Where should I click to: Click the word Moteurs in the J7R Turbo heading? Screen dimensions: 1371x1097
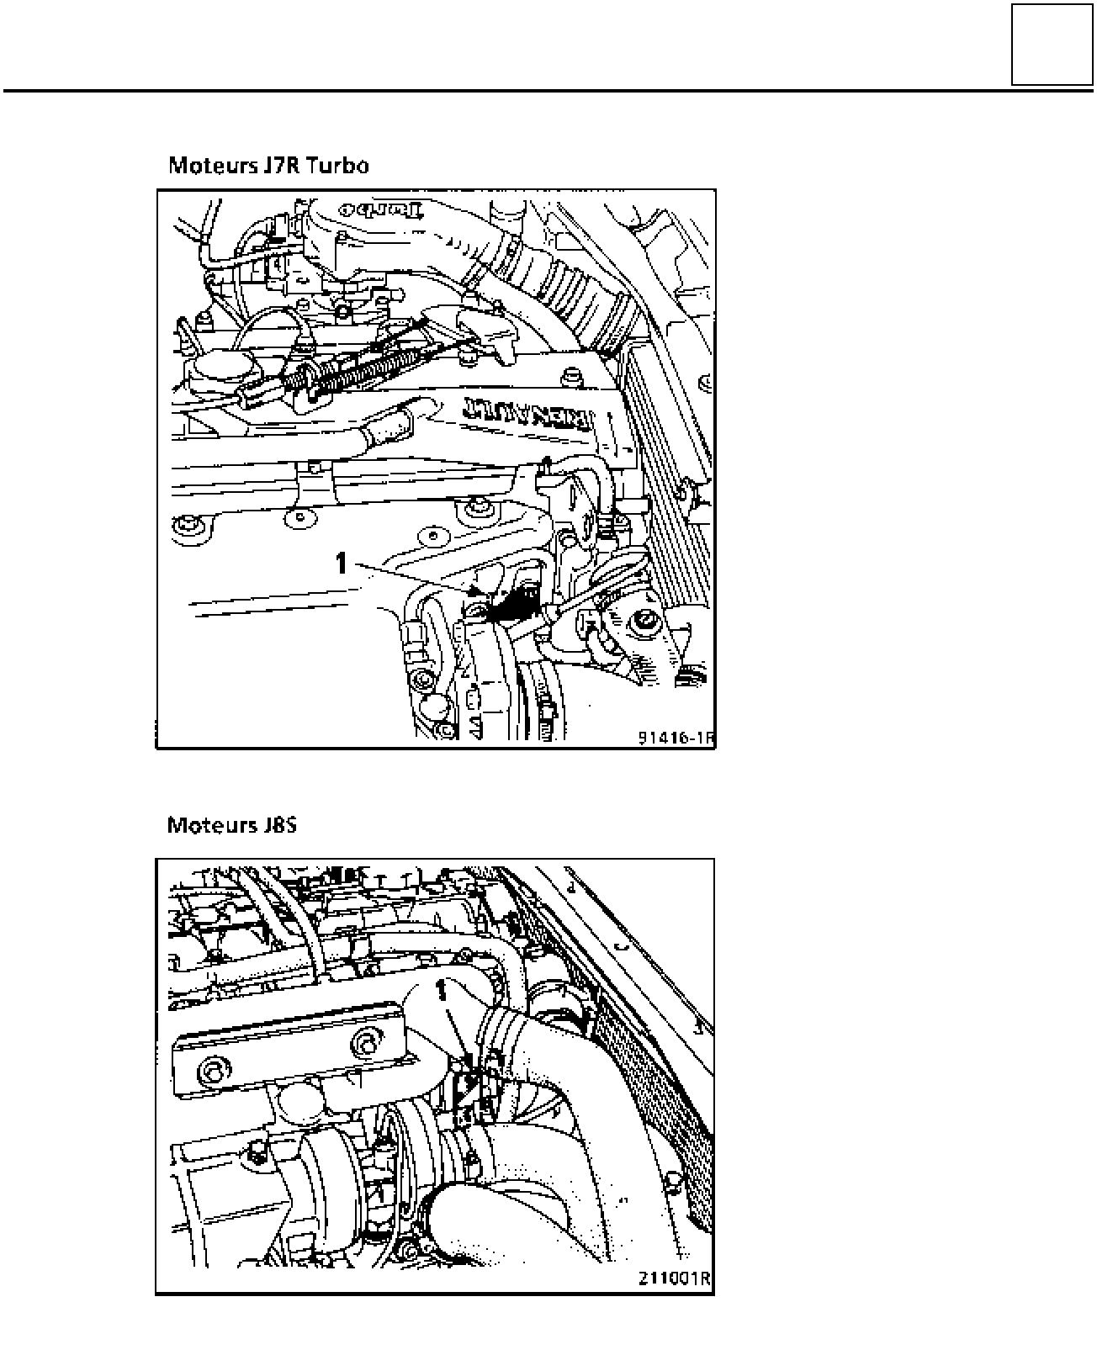click(x=208, y=164)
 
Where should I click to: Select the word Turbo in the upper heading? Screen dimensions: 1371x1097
click(x=337, y=164)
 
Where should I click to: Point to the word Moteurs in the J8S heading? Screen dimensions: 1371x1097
click(x=207, y=824)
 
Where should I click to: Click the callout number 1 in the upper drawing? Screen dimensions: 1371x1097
click(x=341, y=563)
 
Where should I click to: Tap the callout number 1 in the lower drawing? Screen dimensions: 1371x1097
click(x=439, y=989)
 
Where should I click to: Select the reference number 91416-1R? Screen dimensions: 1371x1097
click(x=675, y=738)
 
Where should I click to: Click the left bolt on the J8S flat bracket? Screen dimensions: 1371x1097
click(x=209, y=1072)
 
